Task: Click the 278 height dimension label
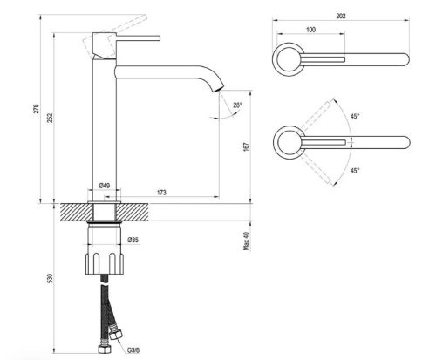[36, 108]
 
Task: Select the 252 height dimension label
[51, 118]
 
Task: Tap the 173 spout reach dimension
[161, 193]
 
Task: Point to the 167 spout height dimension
[246, 146]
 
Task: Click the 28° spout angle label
[237, 105]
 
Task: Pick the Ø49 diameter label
[105, 186]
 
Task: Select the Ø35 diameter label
[133, 240]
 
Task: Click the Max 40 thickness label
[247, 241]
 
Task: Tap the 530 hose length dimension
[51, 278]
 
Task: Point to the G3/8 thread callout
[133, 350]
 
